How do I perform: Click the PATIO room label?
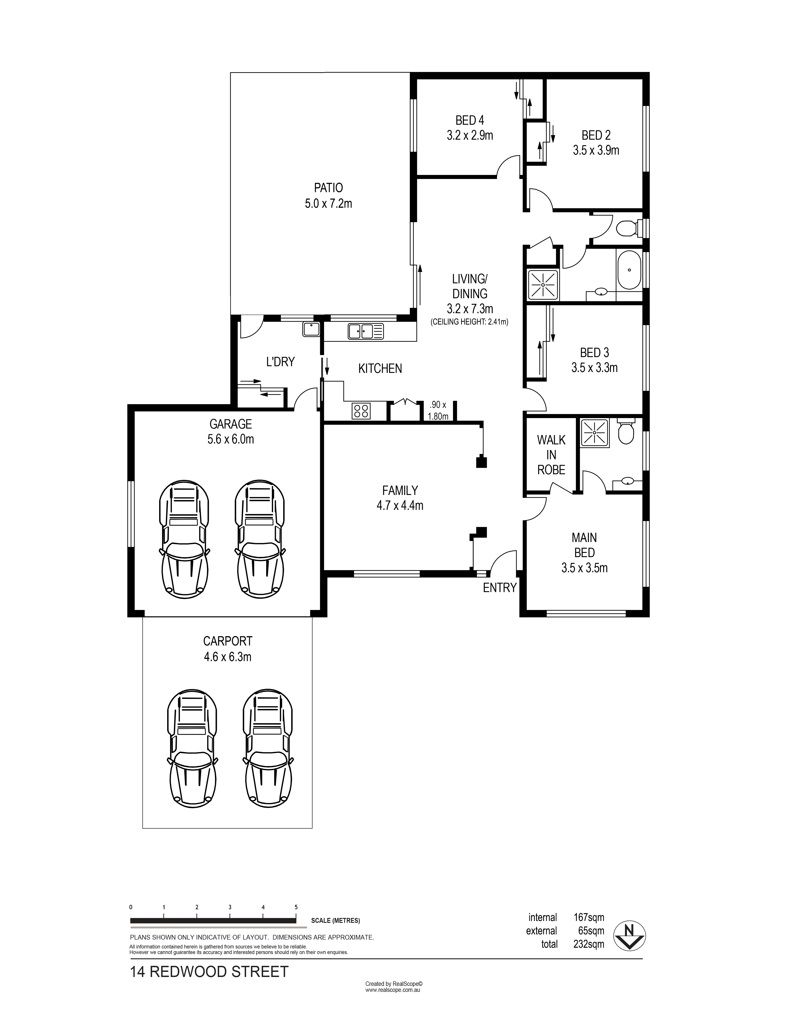tap(329, 188)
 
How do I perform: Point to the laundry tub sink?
tap(311, 329)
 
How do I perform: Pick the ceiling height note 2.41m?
tap(470, 322)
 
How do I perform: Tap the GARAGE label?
tap(231, 424)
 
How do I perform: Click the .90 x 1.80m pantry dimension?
tap(438, 411)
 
